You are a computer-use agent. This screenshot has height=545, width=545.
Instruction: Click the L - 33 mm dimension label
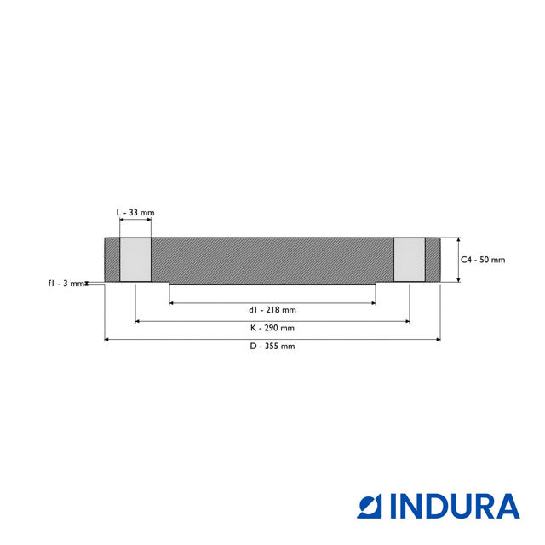pyautogui.click(x=135, y=212)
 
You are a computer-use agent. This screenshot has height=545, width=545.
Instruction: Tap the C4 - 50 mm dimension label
pyautogui.click(x=483, y=260)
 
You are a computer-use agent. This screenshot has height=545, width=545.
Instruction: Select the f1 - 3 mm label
pyautogui.click(x=66, y=283)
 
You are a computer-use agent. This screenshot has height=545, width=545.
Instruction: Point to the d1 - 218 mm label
pyautogui.click(x=272, y=310)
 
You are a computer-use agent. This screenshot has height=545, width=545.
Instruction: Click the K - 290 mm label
pyautogui.click(x=272, y=328)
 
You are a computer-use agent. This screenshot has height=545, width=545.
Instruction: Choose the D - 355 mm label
pyautogui.click(x=272, y=347)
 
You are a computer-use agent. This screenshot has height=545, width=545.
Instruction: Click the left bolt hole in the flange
pyautogui.click(x=135, y=260)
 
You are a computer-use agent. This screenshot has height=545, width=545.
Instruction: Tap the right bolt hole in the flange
pyautogui.click(x=409, y=260)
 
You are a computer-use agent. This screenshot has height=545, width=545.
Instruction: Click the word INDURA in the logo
pyautogui.click(x=456, y=506)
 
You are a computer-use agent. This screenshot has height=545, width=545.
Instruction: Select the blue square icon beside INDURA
pyautogui.click(x=372, y=506)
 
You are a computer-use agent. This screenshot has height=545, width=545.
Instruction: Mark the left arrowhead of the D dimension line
pyautogui.click(x=107, y=340)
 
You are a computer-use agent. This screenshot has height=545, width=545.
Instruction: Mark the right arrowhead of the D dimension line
pyautogui.click(x=438, y=340)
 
